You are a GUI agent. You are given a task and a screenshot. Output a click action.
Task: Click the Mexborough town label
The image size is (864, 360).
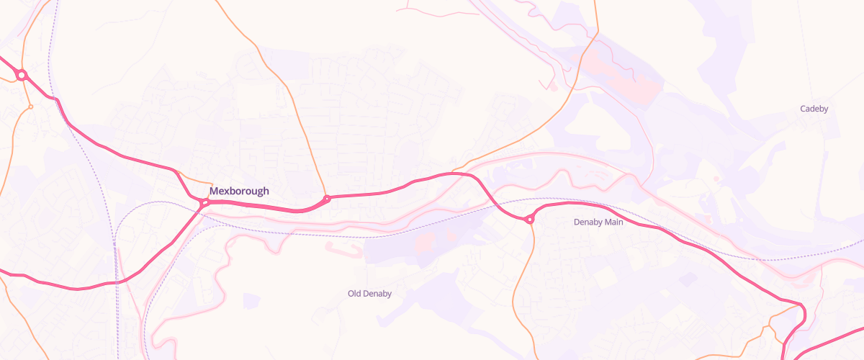239,192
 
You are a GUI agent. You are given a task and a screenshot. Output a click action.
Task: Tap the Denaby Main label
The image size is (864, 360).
598,222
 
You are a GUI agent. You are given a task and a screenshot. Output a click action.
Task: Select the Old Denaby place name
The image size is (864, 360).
369,294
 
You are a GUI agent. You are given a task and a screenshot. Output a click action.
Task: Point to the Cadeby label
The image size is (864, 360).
814,109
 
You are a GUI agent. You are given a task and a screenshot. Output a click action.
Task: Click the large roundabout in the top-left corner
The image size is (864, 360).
22,75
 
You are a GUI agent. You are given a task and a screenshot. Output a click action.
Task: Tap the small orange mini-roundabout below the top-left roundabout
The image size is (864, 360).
30,107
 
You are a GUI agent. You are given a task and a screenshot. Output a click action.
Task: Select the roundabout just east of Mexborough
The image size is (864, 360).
327,198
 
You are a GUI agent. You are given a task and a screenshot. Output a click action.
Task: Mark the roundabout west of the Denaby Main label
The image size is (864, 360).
530,219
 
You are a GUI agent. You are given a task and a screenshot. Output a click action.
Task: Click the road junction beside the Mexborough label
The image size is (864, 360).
204,203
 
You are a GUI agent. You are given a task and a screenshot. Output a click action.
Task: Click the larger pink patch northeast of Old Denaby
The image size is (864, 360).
425,242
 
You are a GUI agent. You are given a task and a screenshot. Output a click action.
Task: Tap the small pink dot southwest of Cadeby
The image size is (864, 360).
716,179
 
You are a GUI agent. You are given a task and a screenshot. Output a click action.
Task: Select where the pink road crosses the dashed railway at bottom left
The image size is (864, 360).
116,282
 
